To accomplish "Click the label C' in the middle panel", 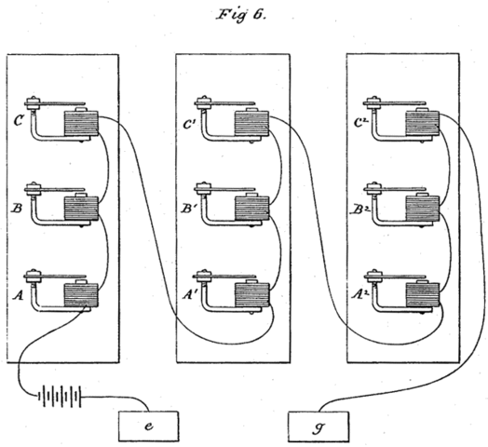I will click(x=190, y=119).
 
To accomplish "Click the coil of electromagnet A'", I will click(x=250, y=297).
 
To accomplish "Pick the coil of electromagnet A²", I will click(x=422, y=295).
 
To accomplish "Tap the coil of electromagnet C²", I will click(x=422, y=125).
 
